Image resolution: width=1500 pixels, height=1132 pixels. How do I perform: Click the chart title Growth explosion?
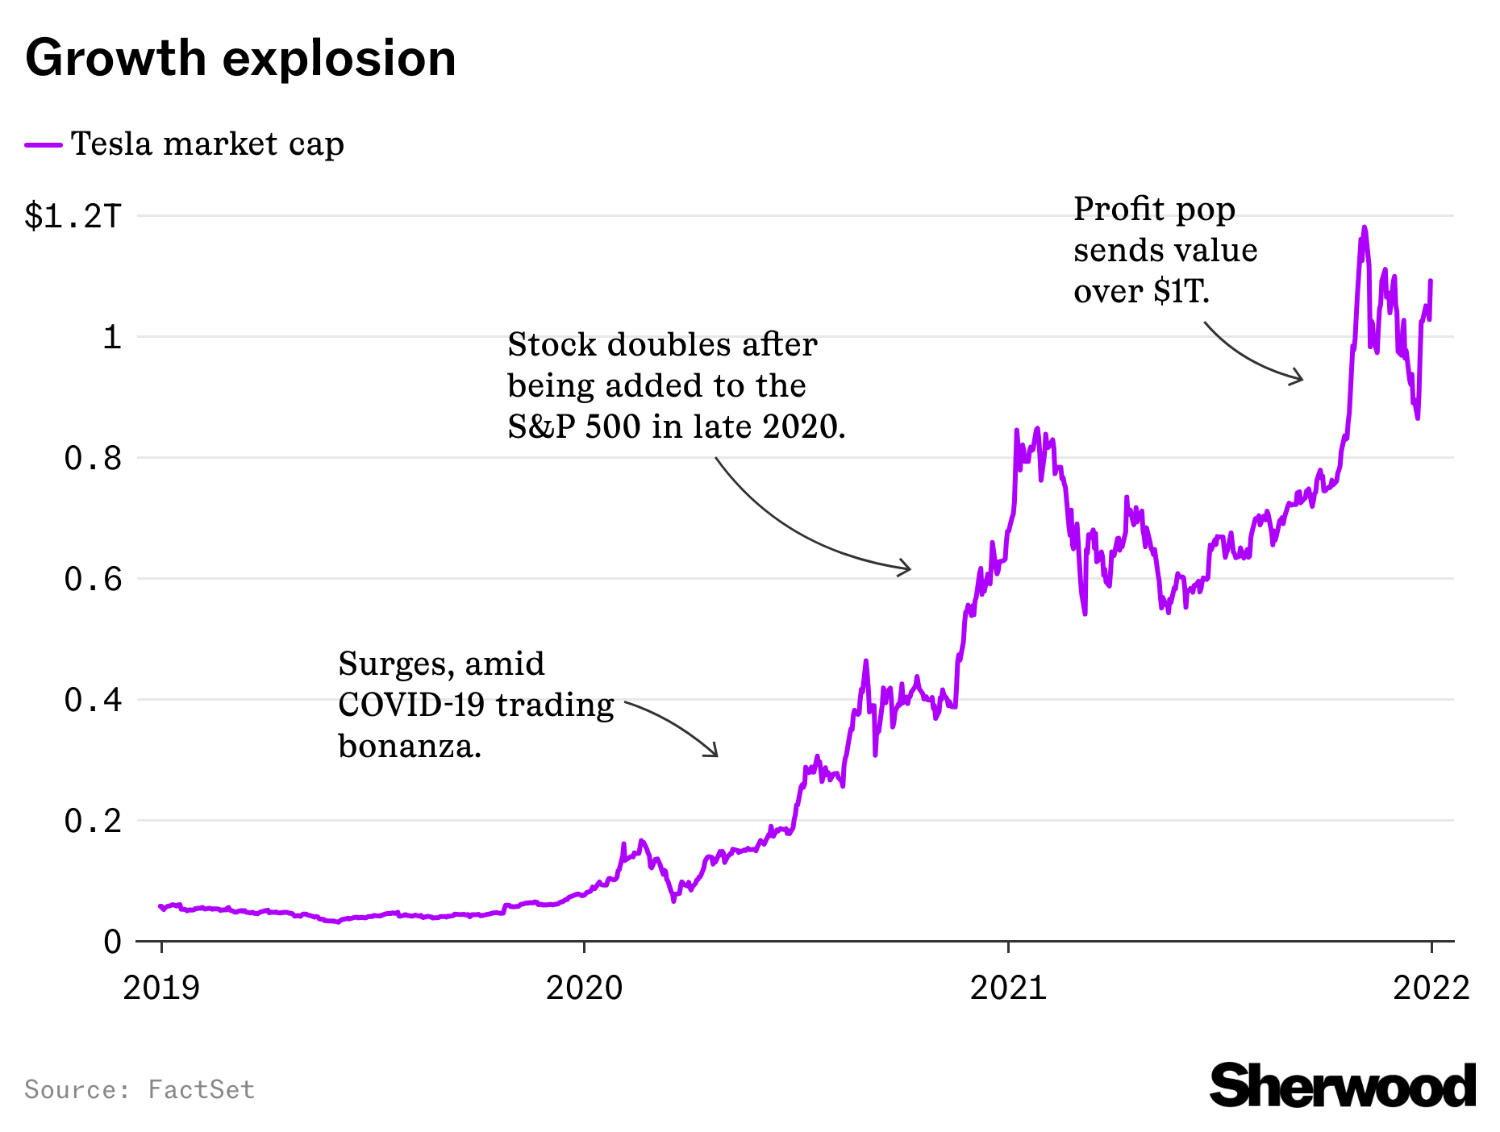coord(240,58)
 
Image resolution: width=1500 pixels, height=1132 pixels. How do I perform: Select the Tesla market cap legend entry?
coord(207,144)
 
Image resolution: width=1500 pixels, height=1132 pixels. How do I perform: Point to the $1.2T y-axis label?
coord(73,216)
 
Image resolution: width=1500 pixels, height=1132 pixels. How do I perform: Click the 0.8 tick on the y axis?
coord(93,458)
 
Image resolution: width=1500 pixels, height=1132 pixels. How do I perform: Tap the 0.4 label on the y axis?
coord(93,700)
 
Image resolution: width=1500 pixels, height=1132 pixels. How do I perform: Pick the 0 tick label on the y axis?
coord(113,942)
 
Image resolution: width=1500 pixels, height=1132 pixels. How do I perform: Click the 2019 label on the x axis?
coord(161,988)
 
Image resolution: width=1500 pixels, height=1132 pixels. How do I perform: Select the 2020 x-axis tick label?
coord(585,988)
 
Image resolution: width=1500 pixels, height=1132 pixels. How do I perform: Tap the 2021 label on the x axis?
coord(1008,988)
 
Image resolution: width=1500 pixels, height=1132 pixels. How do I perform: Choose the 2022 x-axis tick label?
coord(1431,988)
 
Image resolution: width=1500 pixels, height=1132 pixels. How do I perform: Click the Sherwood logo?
coord(1342,1086)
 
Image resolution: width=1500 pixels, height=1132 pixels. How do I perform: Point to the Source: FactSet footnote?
coord(140,1090)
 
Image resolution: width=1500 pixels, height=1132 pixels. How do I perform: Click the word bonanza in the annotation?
coord(409,746)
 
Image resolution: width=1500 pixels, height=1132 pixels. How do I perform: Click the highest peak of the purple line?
coord(1365,227)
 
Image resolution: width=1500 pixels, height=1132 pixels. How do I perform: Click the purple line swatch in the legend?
coord(44,145)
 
